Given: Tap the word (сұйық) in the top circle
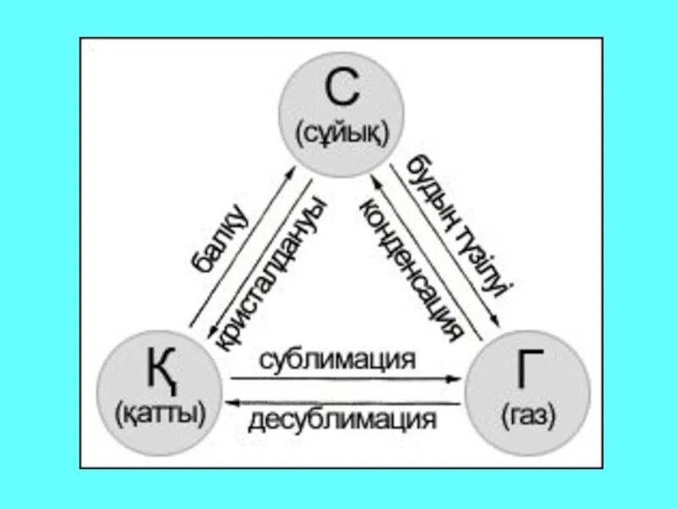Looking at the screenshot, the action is [342, 132].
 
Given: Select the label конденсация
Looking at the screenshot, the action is [412, 268].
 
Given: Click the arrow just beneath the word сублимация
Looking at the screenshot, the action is [342, 379].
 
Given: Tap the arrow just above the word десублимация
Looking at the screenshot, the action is [342, 400].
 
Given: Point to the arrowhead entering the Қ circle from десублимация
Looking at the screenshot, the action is [227, 400].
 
